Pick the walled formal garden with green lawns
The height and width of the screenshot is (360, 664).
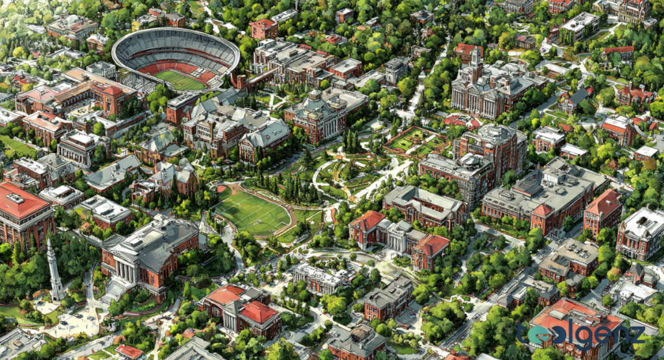pos(415,140)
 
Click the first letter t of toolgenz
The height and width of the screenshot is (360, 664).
pos(523,333)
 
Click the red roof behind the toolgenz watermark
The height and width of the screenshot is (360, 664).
pos(571,311)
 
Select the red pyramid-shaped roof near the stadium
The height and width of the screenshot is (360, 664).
pos(112,91)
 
